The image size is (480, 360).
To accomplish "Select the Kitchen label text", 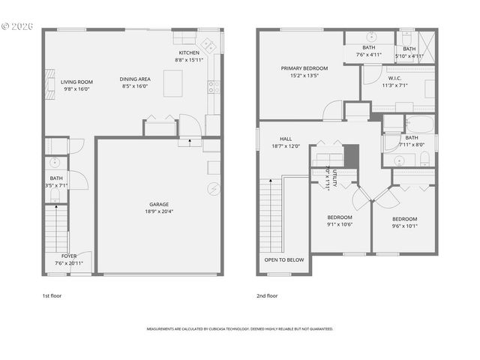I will coord(188,53).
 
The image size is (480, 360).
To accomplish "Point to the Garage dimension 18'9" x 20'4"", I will coord(158,211).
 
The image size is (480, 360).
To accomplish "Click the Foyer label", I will coord(68,256).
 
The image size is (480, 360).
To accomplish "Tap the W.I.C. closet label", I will coord(394,79).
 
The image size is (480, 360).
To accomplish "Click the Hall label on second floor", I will coord(285,139).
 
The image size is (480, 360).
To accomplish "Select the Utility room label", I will coord(334,178).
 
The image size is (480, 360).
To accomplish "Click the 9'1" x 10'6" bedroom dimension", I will coord(340,224).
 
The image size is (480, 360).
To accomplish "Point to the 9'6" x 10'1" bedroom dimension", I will coord(404,225).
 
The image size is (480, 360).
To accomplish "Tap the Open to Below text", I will coord(284,259).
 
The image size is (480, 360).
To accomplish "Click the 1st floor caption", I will coord(52,295).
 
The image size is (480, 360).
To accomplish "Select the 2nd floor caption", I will coord(267,295).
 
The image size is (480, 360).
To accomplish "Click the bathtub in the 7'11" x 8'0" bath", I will coord(409,123).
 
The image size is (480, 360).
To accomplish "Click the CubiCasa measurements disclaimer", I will coord(240,328).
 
